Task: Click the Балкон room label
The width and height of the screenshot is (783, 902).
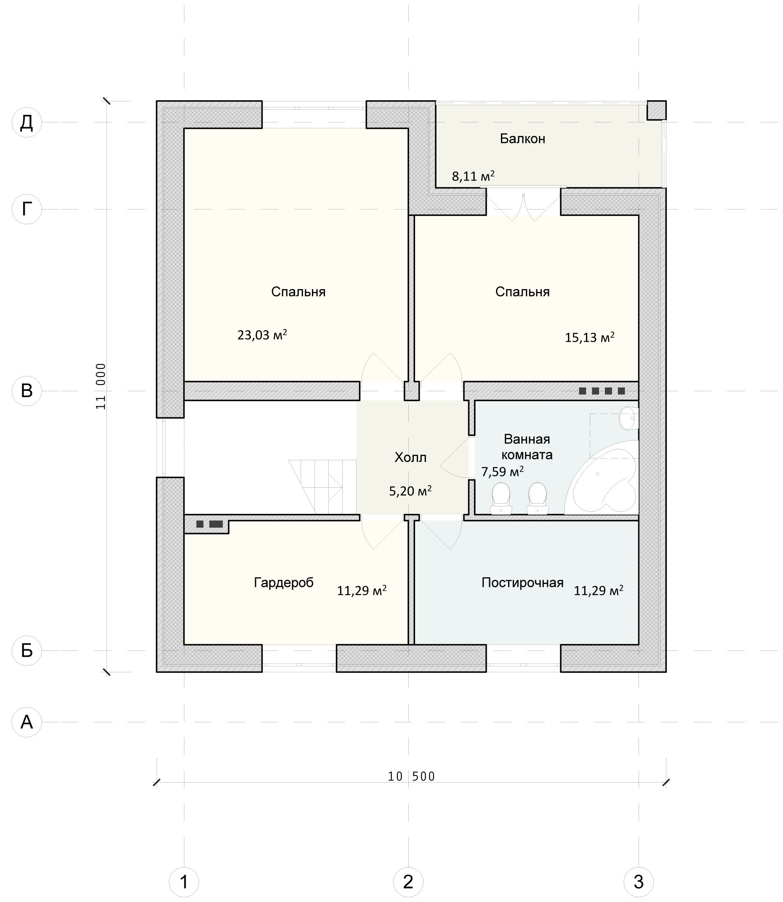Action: pos(522,139)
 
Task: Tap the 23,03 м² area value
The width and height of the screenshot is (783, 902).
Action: pos(262,334)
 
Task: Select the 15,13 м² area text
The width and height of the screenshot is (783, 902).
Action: pos(589,337)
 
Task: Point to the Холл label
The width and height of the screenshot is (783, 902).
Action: pos(410,457)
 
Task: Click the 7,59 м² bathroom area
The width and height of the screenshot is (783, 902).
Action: pos(503,472)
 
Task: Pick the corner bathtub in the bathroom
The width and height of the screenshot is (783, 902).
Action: pos(602,477)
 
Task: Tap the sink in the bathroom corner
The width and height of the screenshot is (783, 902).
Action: pos(629,418)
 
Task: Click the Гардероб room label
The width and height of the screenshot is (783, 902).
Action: pos(284,582)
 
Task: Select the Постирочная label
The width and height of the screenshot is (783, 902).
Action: pos(522,582)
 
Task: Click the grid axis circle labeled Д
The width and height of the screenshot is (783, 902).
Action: pos(27,122)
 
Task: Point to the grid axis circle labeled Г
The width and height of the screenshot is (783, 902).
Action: pos(27,209)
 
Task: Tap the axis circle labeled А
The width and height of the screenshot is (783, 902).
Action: pos(27,722)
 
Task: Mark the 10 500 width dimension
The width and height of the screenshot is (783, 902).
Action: pos(412,776)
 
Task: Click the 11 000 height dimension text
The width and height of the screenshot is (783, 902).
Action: pos(101,386)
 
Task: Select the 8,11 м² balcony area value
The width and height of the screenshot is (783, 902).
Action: pos(473,176)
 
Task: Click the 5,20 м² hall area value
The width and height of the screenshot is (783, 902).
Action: pos(410,491)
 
